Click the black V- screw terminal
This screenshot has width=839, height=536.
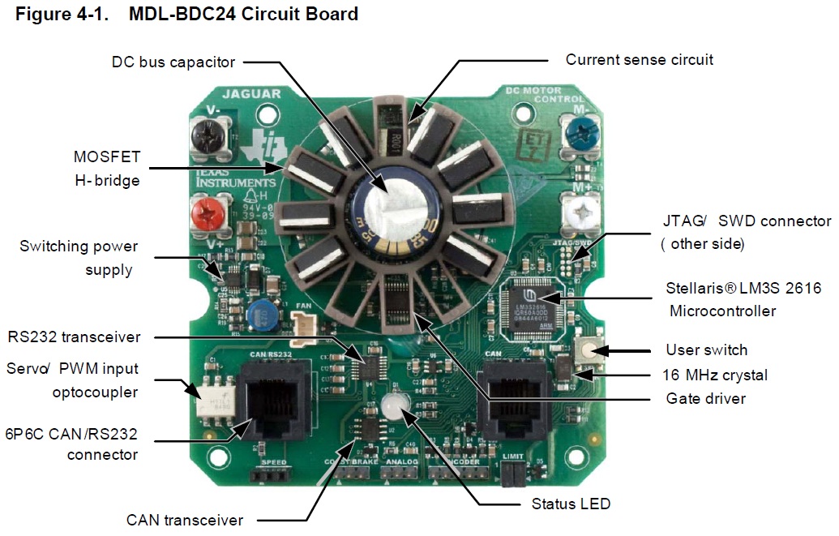[207, 132]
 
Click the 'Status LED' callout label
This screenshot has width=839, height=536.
[571, 504]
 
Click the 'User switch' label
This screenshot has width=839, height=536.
[706, 350]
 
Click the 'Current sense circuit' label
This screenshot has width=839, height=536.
[640, 59]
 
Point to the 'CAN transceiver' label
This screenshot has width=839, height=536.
[185, 520]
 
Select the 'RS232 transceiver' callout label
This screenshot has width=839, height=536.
[74, 337]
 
